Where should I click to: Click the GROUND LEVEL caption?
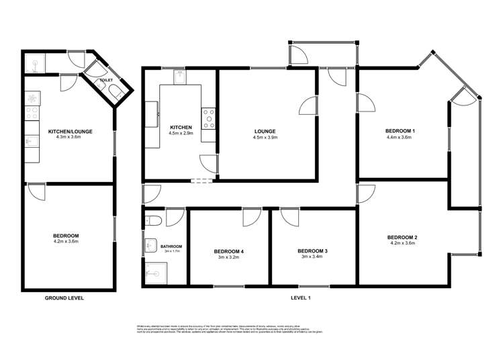(64, 298)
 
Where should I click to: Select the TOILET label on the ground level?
(106, 80)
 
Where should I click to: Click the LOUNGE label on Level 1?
(264, 131)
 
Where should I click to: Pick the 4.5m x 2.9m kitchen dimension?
(181, 134)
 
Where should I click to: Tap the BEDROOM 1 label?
(400, 130)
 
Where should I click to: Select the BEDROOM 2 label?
(403, 237)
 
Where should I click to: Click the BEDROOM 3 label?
(312, 251)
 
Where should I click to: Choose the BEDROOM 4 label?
(229, 251)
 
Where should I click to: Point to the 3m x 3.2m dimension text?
(229, 258)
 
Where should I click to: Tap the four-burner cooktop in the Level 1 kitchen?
(208, 118)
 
